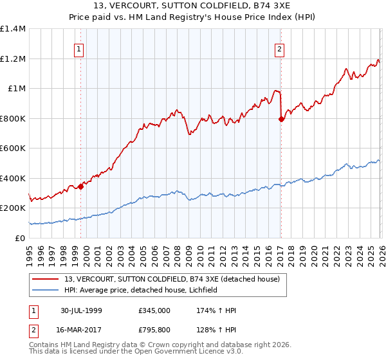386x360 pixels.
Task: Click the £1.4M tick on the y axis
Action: [x=13, y=29]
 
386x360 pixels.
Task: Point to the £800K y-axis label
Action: [x=13, y=118]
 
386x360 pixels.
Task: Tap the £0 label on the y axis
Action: [x=19, y=238]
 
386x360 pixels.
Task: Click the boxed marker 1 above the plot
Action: [x=78, y=48]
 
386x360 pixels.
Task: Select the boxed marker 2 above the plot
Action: [x=280, y=48]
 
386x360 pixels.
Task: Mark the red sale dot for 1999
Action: [x=81, y=186]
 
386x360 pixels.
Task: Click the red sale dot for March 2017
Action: [x=281, y=119]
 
